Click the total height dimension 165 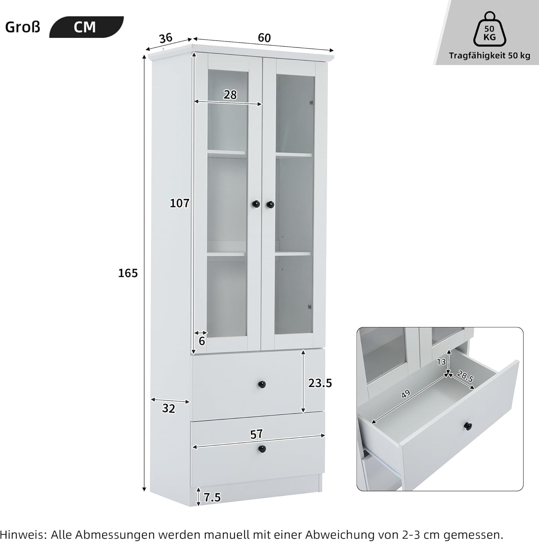[x=128, y=273]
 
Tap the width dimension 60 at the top [x=264, y=38]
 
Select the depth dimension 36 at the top [x=166, y=38]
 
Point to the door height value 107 [x=180, y=203]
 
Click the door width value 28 [x=230, y=95]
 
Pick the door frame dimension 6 [x=202, y=341]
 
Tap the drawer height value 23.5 [x=320, y=383]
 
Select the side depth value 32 [x=168, y=408]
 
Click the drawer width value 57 [x=256, y=434]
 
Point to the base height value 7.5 [x=212, y=498]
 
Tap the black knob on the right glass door [x=270, y=205]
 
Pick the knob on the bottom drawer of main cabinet [x=262, y=449]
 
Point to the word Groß [x=23, y=27]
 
